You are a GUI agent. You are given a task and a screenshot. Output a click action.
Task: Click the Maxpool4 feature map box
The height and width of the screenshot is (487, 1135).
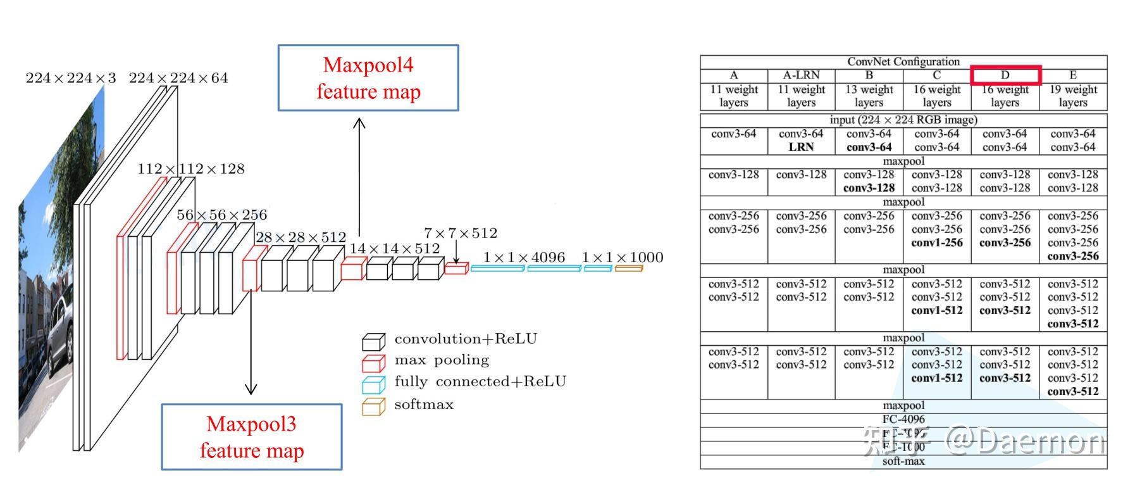pyautogui.click(x=368, y=78)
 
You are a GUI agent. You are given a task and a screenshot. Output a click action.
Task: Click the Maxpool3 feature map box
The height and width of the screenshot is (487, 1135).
pyautogui.click(x=252, y=437)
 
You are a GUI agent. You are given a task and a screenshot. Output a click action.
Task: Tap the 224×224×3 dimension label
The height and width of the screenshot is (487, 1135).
pyautogui.click(x=71, y=78)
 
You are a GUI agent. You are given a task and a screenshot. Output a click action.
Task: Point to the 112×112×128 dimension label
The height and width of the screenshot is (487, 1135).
pyautogui.click(x=190, y=169)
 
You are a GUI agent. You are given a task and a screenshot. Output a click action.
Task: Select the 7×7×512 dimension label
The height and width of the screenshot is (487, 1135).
pyautogui.click(x=461, y=233)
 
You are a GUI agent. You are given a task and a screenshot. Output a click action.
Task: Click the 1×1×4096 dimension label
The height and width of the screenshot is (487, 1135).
pyautogui.click(x=524, y=257)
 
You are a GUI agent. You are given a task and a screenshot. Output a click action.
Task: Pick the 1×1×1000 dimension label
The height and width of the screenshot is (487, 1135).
pyautogui.click(x=623, y=257)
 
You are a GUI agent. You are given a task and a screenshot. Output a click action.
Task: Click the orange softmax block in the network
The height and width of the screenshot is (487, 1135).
pyautogui.click(x=628, y=269)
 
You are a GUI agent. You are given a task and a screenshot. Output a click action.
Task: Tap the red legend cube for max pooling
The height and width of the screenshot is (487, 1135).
pyautogui.click(x=373, y=363)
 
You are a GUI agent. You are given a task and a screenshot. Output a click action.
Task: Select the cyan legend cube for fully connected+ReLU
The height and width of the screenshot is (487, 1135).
pyautogui.click(x=373, y=385)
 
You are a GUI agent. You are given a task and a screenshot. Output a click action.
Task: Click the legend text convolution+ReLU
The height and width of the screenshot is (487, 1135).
pyautogui.click(x=466, y=339)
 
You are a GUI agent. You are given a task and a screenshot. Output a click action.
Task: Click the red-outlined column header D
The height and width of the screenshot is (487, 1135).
pyautogui.click(x=1005, y=75)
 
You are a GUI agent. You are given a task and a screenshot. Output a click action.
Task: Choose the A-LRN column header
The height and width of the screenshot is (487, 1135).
pyautogui.click(x=801, y=75)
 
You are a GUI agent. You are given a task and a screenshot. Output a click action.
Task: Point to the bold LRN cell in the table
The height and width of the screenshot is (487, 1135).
pyautogui.click(x=801, y=147)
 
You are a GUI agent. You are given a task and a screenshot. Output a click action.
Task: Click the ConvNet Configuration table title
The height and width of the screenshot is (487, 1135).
pyautogui.click(x=903, y=61)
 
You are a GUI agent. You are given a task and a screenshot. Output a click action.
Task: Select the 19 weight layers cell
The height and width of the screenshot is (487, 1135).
pyautogui.click(x=1073, y=96)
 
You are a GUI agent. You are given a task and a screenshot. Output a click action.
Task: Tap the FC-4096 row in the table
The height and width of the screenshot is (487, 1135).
pyautogui.click(x=903, y=419)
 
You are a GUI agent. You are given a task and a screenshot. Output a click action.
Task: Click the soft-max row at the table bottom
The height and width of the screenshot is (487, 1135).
pyautogui.click(x=903, y=462)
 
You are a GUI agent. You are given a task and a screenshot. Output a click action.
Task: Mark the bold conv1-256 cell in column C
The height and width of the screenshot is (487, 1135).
pyautogui.click(x=936, y=243)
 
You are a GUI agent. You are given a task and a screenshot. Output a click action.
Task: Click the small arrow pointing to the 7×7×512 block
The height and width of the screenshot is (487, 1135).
pyautogui.click(x=456, y=253)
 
